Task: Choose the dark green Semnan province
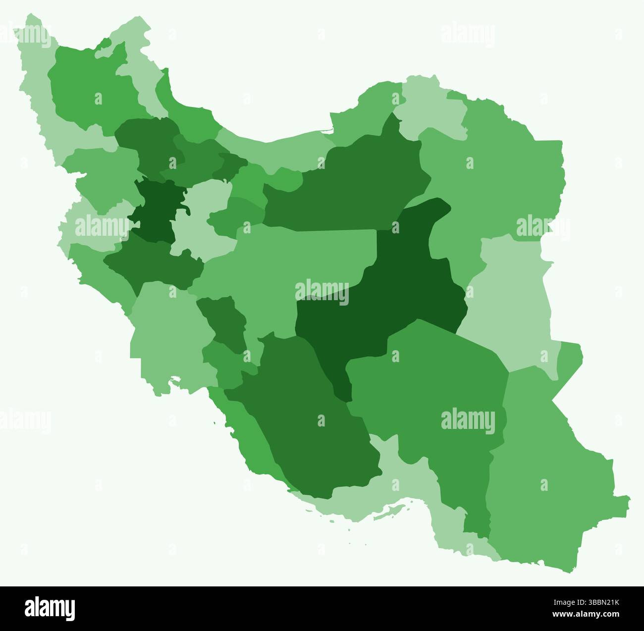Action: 347,188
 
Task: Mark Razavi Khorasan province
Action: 495,183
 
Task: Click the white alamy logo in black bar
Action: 50,608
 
